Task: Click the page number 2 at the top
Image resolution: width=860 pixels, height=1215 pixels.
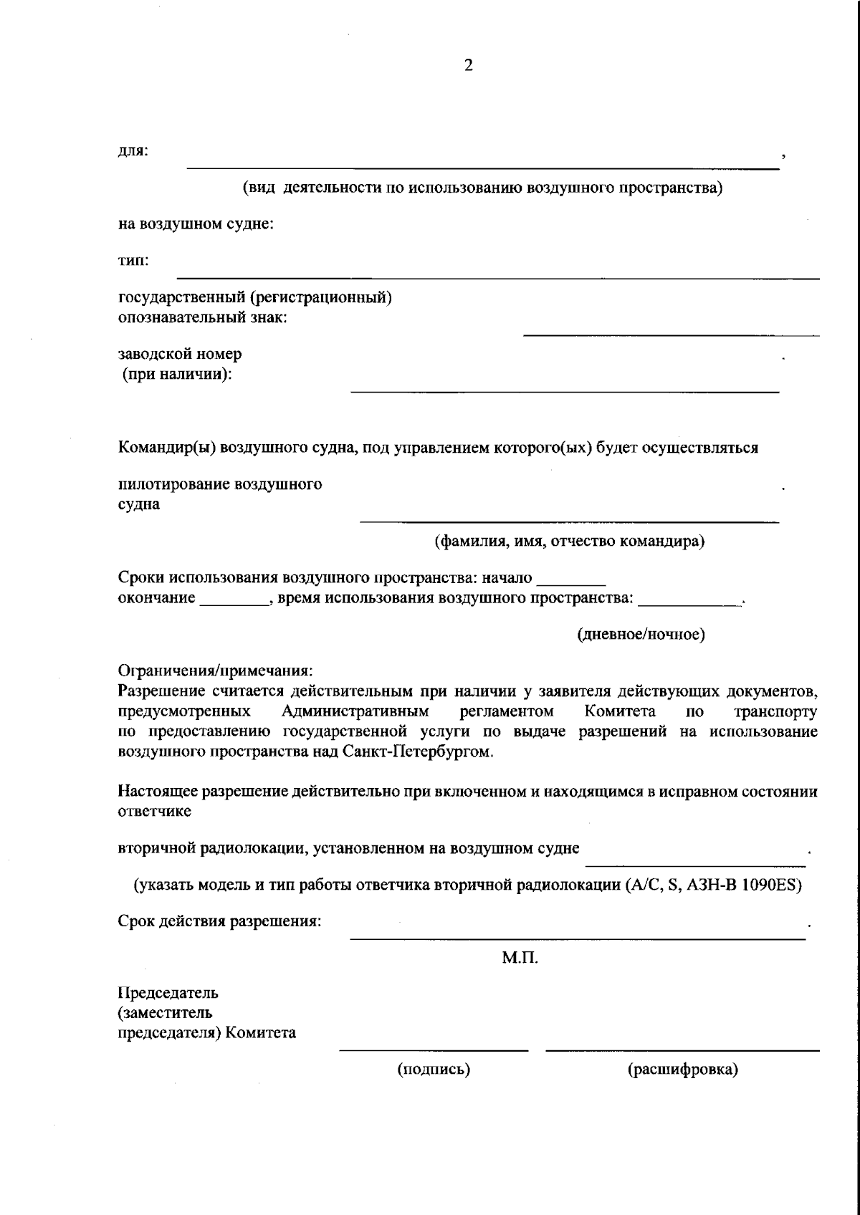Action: tap(469, 66)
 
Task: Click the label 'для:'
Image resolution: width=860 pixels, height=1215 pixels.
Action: tap(133, 151)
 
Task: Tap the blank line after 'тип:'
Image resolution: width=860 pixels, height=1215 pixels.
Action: tap(497, 277)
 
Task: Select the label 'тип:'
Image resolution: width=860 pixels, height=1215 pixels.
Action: tap(133, 260)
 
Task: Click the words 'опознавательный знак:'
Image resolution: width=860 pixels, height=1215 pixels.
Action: tap(202, 317)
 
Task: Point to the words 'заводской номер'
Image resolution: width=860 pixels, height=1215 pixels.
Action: tap(180, 354)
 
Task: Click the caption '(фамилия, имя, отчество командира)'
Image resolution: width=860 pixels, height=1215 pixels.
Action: tap(570, 541)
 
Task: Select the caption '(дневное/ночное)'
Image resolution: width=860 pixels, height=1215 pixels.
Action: tap(641, 635)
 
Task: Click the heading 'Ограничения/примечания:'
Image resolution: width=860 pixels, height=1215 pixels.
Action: tap(216, 671)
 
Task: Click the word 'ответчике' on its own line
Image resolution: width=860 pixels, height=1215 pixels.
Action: tap(154, 812)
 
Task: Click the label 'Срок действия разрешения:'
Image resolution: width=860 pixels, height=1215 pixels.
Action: tap(219, 921)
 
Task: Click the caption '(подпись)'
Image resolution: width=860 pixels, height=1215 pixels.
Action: tap(434, 1070)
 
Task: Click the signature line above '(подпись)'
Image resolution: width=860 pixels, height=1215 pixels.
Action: tap(434, 1050)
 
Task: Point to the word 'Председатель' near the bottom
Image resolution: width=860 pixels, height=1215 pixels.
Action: tap(168, 993)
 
